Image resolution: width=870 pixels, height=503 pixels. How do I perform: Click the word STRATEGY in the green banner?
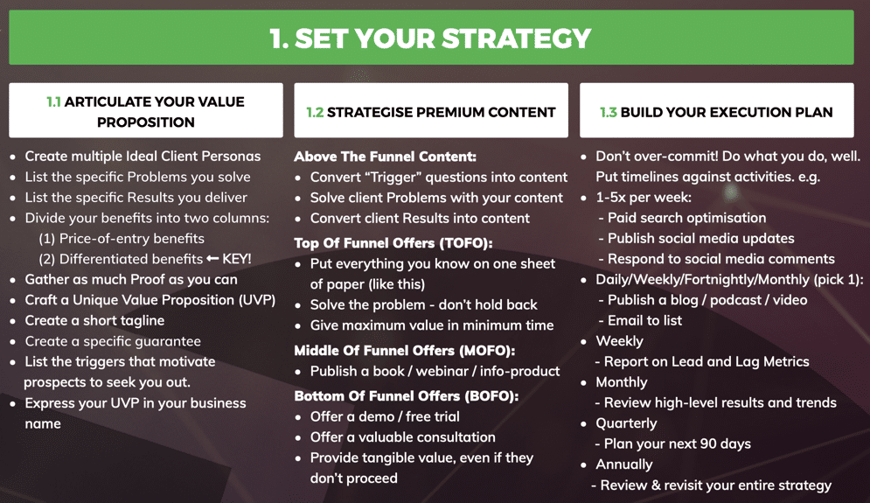point(516,38)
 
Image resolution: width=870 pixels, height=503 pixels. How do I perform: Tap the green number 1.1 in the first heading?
point(53,101)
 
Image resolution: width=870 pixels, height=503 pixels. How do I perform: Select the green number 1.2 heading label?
point(315,112)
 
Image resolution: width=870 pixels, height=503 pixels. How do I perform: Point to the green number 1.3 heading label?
point(608,112)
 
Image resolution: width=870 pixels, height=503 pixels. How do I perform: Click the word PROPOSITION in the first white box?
point(146,122)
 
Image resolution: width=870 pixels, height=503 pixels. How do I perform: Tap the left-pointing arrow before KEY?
point(212,258)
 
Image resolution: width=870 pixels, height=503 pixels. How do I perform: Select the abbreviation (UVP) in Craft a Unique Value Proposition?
point(257,300)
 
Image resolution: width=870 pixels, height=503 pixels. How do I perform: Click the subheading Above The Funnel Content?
point(385,157)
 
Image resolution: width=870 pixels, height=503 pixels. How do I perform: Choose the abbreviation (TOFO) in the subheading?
point(466,243)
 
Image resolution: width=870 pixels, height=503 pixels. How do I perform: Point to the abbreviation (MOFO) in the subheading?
point(487,351)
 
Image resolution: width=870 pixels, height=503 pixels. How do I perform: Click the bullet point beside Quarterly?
point(584,424)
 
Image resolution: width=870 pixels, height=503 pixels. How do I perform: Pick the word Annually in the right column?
point(624,465)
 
